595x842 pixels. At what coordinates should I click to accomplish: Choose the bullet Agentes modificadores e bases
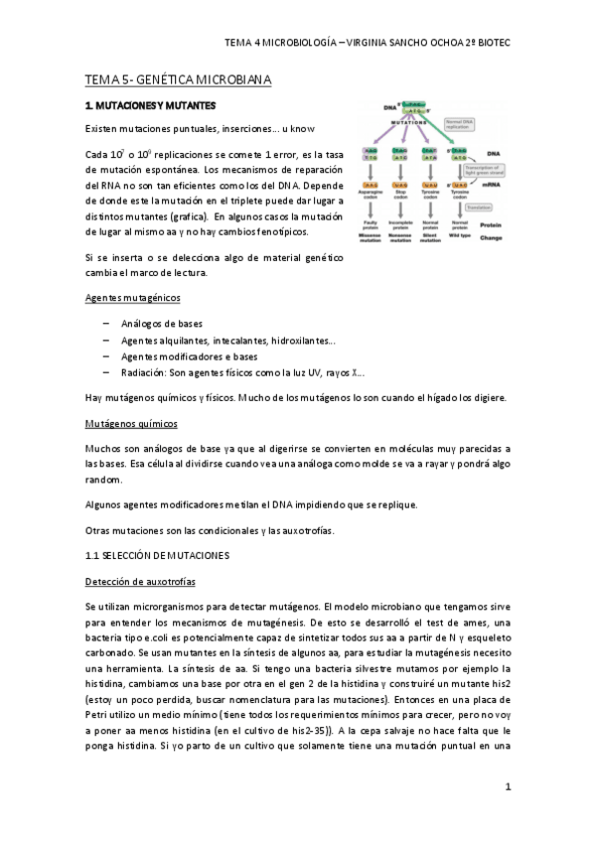tap(189, 356)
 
